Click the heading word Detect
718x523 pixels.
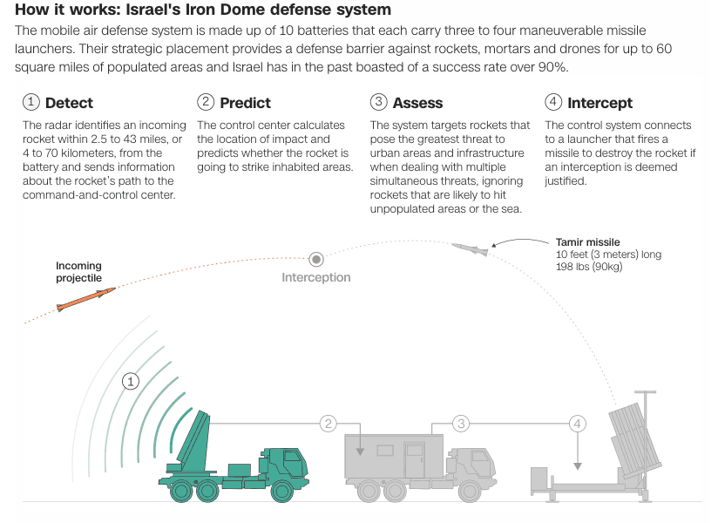click(x=69, y=103)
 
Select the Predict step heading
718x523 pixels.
click(x=245, y=103)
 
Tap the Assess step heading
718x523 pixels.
click(x=417, y=103)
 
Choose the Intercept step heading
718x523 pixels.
click(x=599, y=103)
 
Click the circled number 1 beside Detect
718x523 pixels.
click(x=31, y=103)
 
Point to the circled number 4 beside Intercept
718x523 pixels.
click(x=553, y=103)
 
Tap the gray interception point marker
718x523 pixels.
click(x=316, y=259)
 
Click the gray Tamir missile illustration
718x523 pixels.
click(x=471, y=249)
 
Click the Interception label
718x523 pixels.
click(x=315, y=277)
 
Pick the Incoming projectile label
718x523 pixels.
click(x=78, y=272)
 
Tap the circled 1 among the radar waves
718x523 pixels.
click(x=131, y=381)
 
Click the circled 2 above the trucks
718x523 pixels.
click(x=328, y=424)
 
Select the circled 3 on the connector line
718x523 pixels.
click(x=461, y=424)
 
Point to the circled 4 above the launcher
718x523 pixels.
click(x=577, y=424)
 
